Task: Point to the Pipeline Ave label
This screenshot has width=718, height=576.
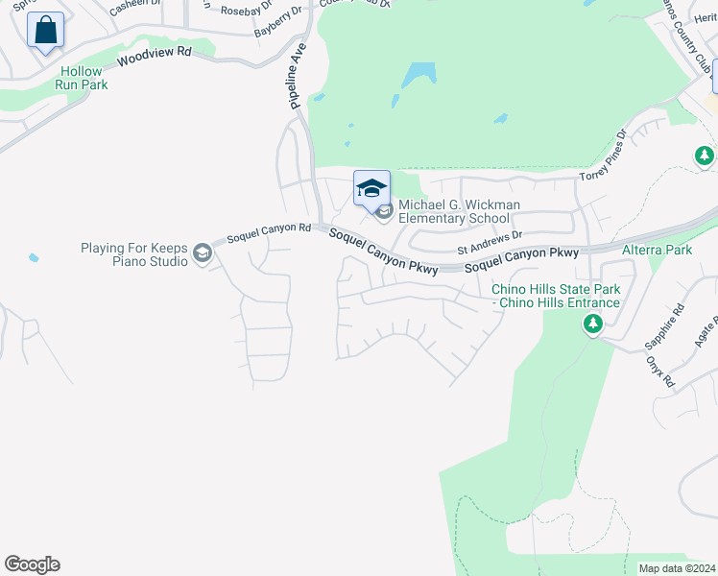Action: coord(298,75)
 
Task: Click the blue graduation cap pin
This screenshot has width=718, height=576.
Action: coord(371,187)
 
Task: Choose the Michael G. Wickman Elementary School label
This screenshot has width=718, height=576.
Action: coord(459,211)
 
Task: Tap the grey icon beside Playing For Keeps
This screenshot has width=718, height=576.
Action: coord(202,252)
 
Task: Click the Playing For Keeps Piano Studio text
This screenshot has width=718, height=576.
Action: coord(134,254)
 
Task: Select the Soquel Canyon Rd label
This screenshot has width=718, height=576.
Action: coord(269,231)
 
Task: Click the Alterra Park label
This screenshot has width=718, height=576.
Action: coord(657,250)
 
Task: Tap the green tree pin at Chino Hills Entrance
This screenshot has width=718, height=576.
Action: coord(593,325)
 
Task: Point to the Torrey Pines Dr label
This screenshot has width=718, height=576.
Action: coord(603,156)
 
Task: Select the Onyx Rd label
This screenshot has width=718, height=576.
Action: coord(660,371)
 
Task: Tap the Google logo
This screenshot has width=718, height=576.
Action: coord(32,564)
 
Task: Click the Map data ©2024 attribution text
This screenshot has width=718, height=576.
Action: coord(677,568)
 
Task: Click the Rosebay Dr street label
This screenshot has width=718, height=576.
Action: coord(241,10)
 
